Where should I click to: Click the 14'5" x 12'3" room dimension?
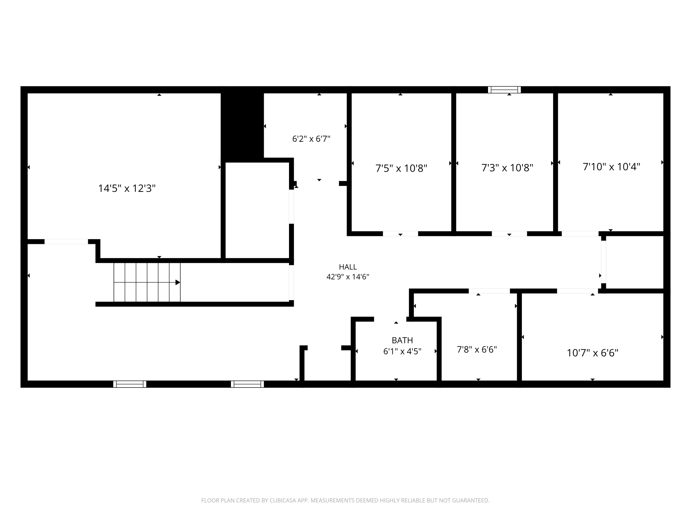coord(127,188)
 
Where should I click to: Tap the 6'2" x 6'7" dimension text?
coord(311,139)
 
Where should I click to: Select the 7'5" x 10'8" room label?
coord(401,168)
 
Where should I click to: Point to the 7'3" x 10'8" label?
coord(507,168)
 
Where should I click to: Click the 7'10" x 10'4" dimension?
coord(612,166)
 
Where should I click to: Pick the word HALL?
coord(348,267)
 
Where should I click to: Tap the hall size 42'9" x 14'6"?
coord(348,277)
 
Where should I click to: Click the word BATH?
coord(402,340)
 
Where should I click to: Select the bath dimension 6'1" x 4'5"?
coord(402,351)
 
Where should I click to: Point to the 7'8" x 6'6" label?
coord(477,349)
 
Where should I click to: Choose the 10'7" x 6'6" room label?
coord(592,353)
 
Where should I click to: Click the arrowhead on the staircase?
coord(178,283)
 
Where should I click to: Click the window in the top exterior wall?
coord(504,90)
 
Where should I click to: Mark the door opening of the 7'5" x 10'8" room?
coord(400,234)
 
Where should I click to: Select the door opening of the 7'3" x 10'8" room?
coord(509,234)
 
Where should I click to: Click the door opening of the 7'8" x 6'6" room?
coord(489,291)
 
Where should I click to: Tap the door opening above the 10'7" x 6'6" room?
coord(578,291)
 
